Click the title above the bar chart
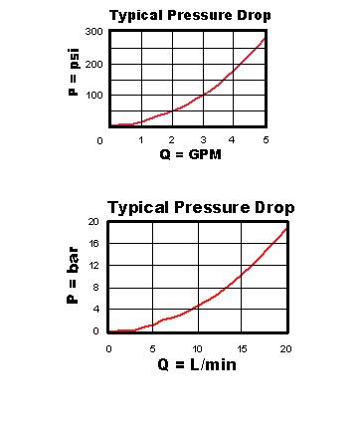click(x=201, y=208)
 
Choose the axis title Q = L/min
click(x=197, y=364)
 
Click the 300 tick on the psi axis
click(x=93, y=33)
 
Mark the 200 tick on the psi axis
click(x=93, y=65)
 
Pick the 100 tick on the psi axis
click(x=93, y=97)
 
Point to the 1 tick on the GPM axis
click(x=139, y=140)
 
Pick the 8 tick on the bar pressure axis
click(x=94, y=288)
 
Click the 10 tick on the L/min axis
click(x=197, y=349)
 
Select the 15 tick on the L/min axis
click(x=242, y=349)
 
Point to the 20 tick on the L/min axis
click(x=286, y=349)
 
